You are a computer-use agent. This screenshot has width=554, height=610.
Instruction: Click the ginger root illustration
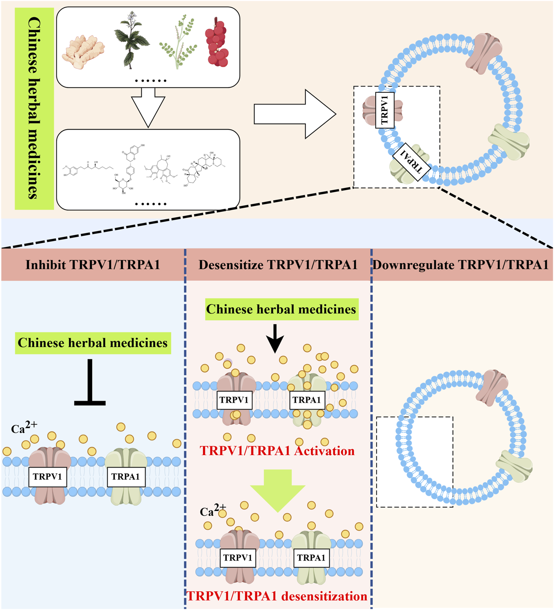tap(83, 52)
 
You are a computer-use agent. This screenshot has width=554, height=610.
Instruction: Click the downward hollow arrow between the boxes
tap(148, 107)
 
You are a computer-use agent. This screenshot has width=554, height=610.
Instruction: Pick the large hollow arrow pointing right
tap(295, 114)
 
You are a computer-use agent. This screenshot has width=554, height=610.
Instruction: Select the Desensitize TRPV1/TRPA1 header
tap(278, 265)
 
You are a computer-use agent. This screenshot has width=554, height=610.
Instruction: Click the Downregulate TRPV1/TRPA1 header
tap(461, 265)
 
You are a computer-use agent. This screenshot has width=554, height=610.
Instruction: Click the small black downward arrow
tap(275, 338)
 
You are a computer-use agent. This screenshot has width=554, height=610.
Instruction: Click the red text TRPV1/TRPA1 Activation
tap(277, 450)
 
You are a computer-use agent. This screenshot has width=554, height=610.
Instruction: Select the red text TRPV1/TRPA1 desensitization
tap(277, 596)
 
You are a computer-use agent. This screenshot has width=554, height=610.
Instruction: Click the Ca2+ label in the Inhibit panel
tap(24, 428)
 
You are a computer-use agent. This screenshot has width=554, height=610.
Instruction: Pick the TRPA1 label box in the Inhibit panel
tap(126, 477)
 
